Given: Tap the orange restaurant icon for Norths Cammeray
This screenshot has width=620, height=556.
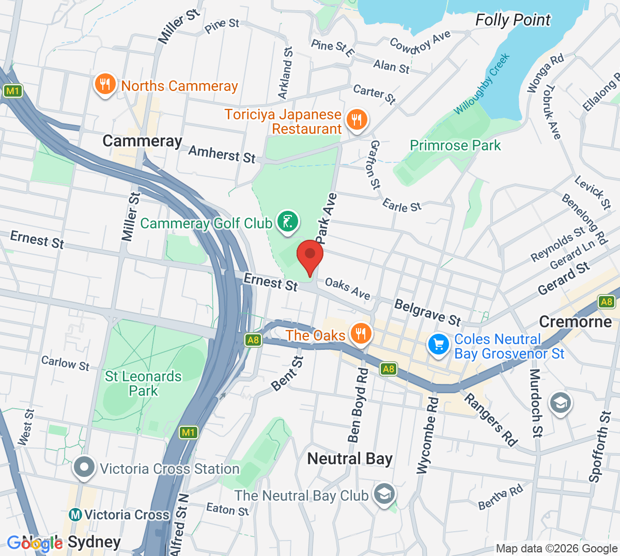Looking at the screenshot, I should click(x=105, y=84).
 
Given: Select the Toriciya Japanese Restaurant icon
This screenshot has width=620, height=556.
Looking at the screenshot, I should click(x=357, y=120).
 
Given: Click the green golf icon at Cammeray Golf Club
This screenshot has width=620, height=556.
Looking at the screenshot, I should click(x=287, y=222).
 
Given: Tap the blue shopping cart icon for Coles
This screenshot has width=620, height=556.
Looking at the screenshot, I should click(x=438, y=345).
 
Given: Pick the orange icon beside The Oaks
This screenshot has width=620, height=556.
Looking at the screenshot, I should click(x=361, y=333).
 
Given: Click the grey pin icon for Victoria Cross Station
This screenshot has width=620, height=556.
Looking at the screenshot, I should click(x=84, y=468).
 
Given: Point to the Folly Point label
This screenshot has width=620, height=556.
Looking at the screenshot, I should click(x=513, y=20).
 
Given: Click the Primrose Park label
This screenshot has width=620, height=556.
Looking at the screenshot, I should click(x=455, y=145).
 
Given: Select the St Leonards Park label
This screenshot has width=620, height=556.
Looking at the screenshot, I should click(x=143, y=383).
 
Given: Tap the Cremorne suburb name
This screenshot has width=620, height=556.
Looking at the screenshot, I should click(x=575, y=321).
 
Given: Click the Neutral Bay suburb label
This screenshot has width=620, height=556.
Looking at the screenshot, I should click(x=350, y=458).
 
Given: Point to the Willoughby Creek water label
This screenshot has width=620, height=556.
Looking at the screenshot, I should click(x=482, y=84).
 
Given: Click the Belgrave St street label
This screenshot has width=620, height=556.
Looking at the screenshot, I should click(x=427, y=312).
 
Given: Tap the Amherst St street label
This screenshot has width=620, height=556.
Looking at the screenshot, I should click(x=222, y=154).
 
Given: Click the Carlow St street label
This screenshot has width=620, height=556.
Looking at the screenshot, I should click(x=65, y=363).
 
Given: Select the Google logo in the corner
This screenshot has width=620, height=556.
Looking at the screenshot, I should click(x=35, y=543).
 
